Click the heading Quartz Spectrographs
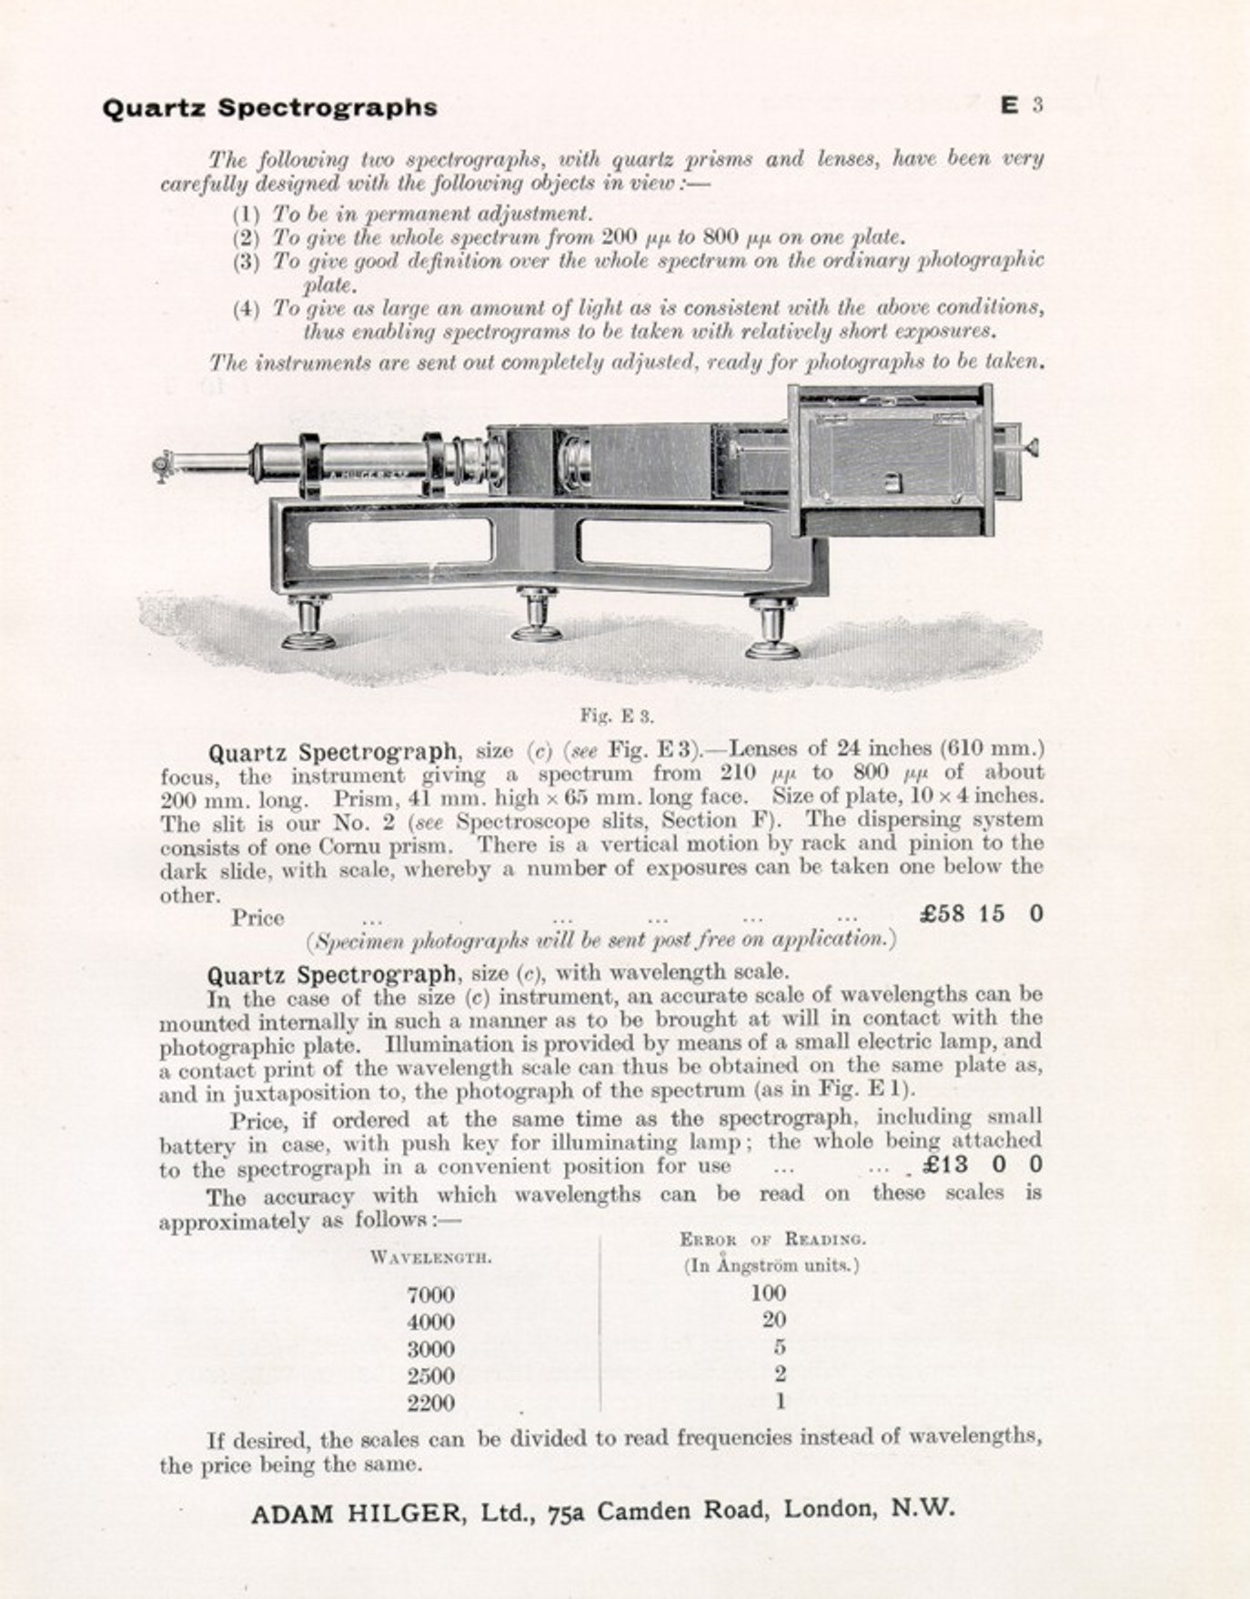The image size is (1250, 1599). (269, 107)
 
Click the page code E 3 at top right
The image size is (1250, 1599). (1021, 106)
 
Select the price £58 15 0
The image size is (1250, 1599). (982, 913)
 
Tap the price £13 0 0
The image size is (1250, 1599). (982, 1165)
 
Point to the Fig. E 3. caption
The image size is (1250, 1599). (617, 716)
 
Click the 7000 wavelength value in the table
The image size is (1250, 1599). (430, 1294)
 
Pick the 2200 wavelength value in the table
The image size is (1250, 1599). (430, 1403)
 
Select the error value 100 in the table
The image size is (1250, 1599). (769, 1292)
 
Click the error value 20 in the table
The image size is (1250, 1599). (774, 1320)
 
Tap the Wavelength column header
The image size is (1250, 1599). (431, 1258)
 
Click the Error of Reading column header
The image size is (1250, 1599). (772, 1239)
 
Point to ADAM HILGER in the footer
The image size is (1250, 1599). (356, 1514)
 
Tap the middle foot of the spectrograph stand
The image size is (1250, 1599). (537, 616)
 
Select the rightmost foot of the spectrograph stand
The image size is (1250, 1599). (772, 628)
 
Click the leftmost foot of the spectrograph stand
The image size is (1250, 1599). (308, 623)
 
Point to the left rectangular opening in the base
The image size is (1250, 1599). (400, 541)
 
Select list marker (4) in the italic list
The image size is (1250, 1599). (246, 308)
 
